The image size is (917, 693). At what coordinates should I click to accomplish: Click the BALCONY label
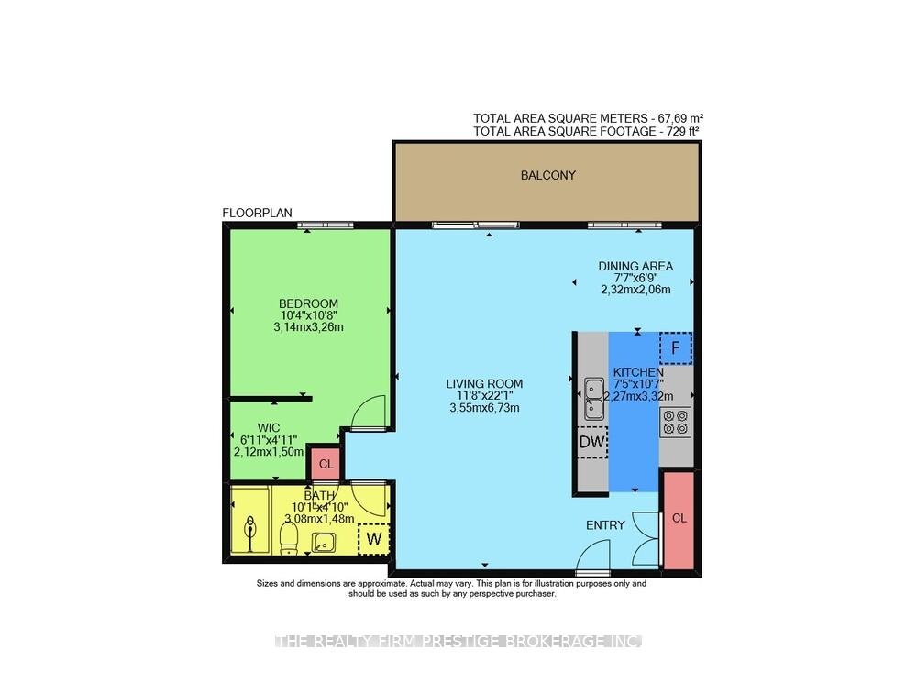pyautogui.click(x=548, y=175)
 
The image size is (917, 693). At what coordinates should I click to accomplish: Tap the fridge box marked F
pyautogui.click(x=676, y=348)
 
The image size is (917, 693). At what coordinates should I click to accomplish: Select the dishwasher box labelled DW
pyautogui.click(x=591, y=442)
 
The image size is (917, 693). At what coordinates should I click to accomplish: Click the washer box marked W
pyautogui.click(x=374, y=538)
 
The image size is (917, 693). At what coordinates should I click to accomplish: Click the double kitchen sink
pyautogui.click(x=594, y=398)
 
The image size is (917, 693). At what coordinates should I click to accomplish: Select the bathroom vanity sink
pyautogui.click(x=323, y=542)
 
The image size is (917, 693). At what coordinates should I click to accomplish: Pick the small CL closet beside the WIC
pyautogui.click(x=326, y=464)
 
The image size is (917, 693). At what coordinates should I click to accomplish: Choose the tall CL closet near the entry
pyautogui.click(x=679, y=519)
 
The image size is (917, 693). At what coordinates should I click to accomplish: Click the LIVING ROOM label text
pyautogui.click(x=484, y=384)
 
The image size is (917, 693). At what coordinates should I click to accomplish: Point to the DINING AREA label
pyautogui.click(x=635, y=266)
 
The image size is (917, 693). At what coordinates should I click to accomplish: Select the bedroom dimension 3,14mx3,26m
pyautogui.click(x=308, y=327)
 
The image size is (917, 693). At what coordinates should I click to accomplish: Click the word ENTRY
pyautogui.click(x=605, y=525)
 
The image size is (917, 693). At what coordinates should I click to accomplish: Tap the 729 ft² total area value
pyautogui.click(x=682, y=132)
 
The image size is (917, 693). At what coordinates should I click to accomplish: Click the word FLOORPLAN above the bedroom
pyautogui.click(x=258, y=213)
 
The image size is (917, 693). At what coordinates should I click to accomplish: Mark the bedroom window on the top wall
pyautogui.click(x=326, y=225)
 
